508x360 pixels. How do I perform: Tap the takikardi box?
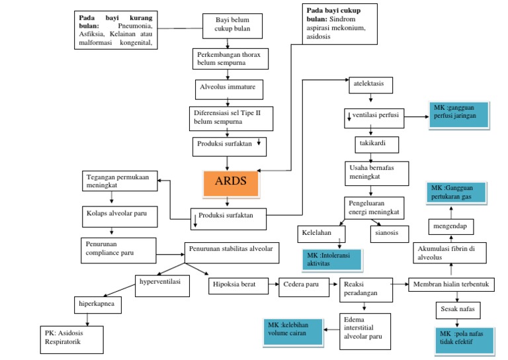click(374, 142)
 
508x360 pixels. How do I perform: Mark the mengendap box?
click(450, 226)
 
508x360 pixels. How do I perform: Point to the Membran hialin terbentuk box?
click(451, 285)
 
